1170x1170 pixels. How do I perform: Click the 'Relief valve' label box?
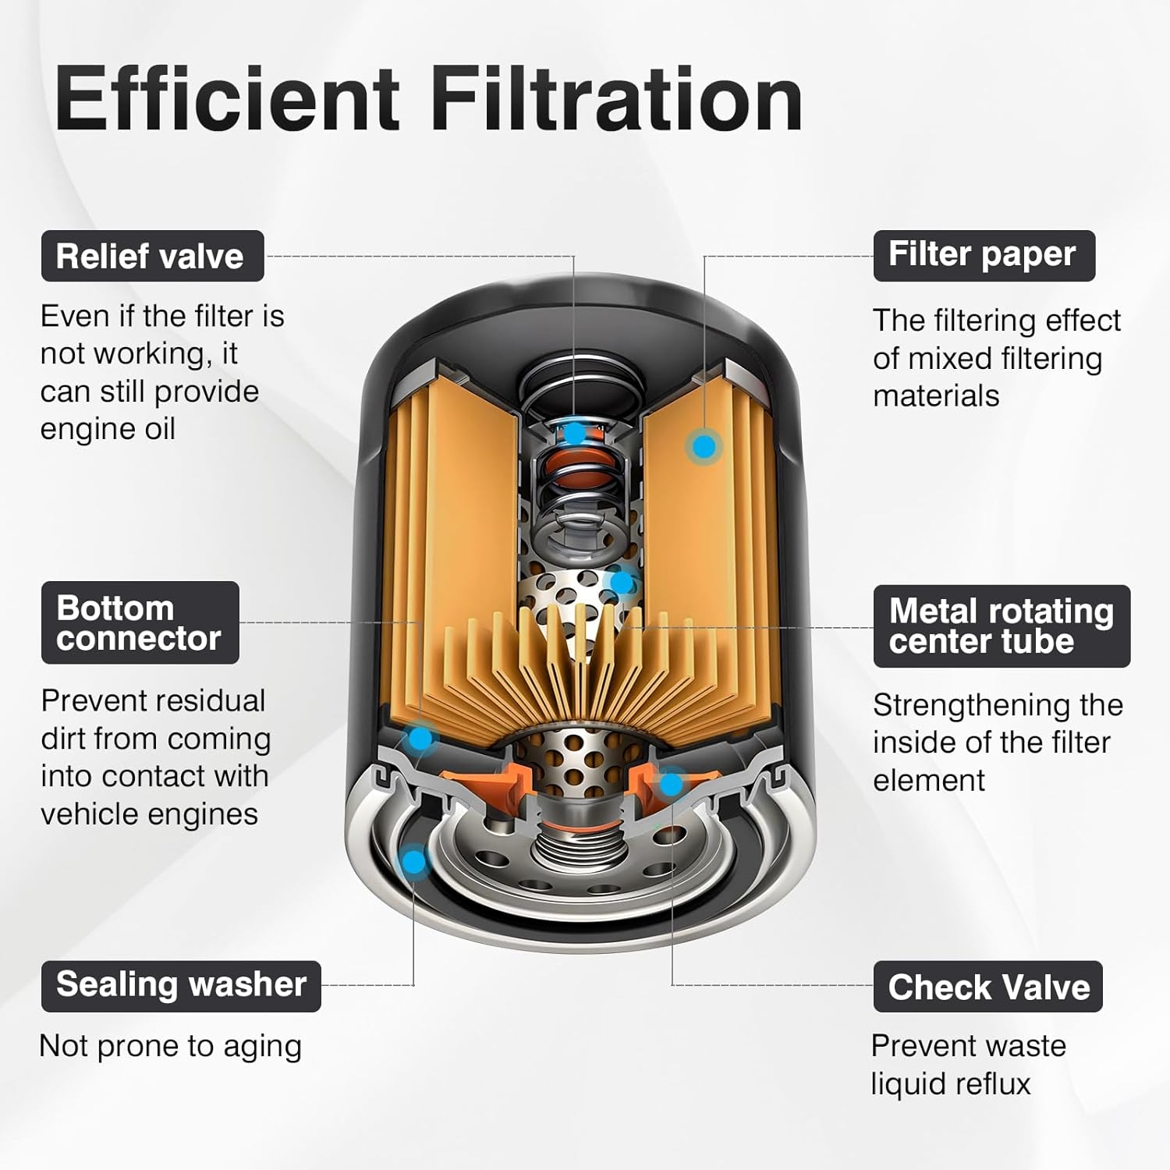coord(152,256)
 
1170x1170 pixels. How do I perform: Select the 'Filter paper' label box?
coord(984,255)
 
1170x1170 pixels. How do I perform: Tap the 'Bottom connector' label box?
coord(140,622)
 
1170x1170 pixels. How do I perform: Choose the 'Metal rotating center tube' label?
coord(1002,626)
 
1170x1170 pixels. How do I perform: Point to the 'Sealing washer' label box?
coord(181,986)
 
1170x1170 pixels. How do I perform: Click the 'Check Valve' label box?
coord(987,987)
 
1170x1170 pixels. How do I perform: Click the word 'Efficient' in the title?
coord(227,99)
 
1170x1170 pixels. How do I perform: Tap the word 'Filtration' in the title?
coord(617,99)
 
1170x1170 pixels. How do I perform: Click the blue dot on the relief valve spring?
coord(574,433)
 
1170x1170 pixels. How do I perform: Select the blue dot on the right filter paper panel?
coord(704,446)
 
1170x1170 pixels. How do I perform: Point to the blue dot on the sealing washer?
coord(413,862)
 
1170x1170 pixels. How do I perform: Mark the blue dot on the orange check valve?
coord(670,783)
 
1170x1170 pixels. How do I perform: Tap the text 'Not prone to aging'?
coord(170,1046)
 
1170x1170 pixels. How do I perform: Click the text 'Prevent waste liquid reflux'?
coord(969,1065)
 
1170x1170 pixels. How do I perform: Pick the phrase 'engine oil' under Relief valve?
coord(108,430)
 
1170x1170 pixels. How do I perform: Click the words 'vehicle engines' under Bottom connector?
coord(149,814)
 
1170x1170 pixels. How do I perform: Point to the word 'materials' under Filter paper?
coord(936,396)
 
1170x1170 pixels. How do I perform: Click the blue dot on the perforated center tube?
coord(622,583)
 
